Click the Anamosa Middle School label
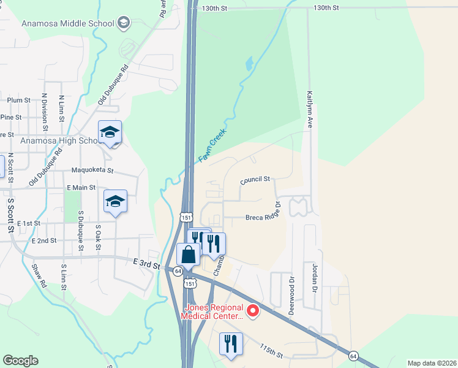(68, 23)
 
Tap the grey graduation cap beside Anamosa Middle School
(124, 23)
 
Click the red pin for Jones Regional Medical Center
(252, 312)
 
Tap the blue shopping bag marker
(188, 254)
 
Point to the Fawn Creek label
(213, 145)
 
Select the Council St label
(255, 180)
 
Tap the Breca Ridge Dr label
(263, 217)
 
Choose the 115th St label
(270, 351)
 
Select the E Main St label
(81, 187)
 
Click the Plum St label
(18, 100)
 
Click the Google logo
(20, 361)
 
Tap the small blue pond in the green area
(248, 63)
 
